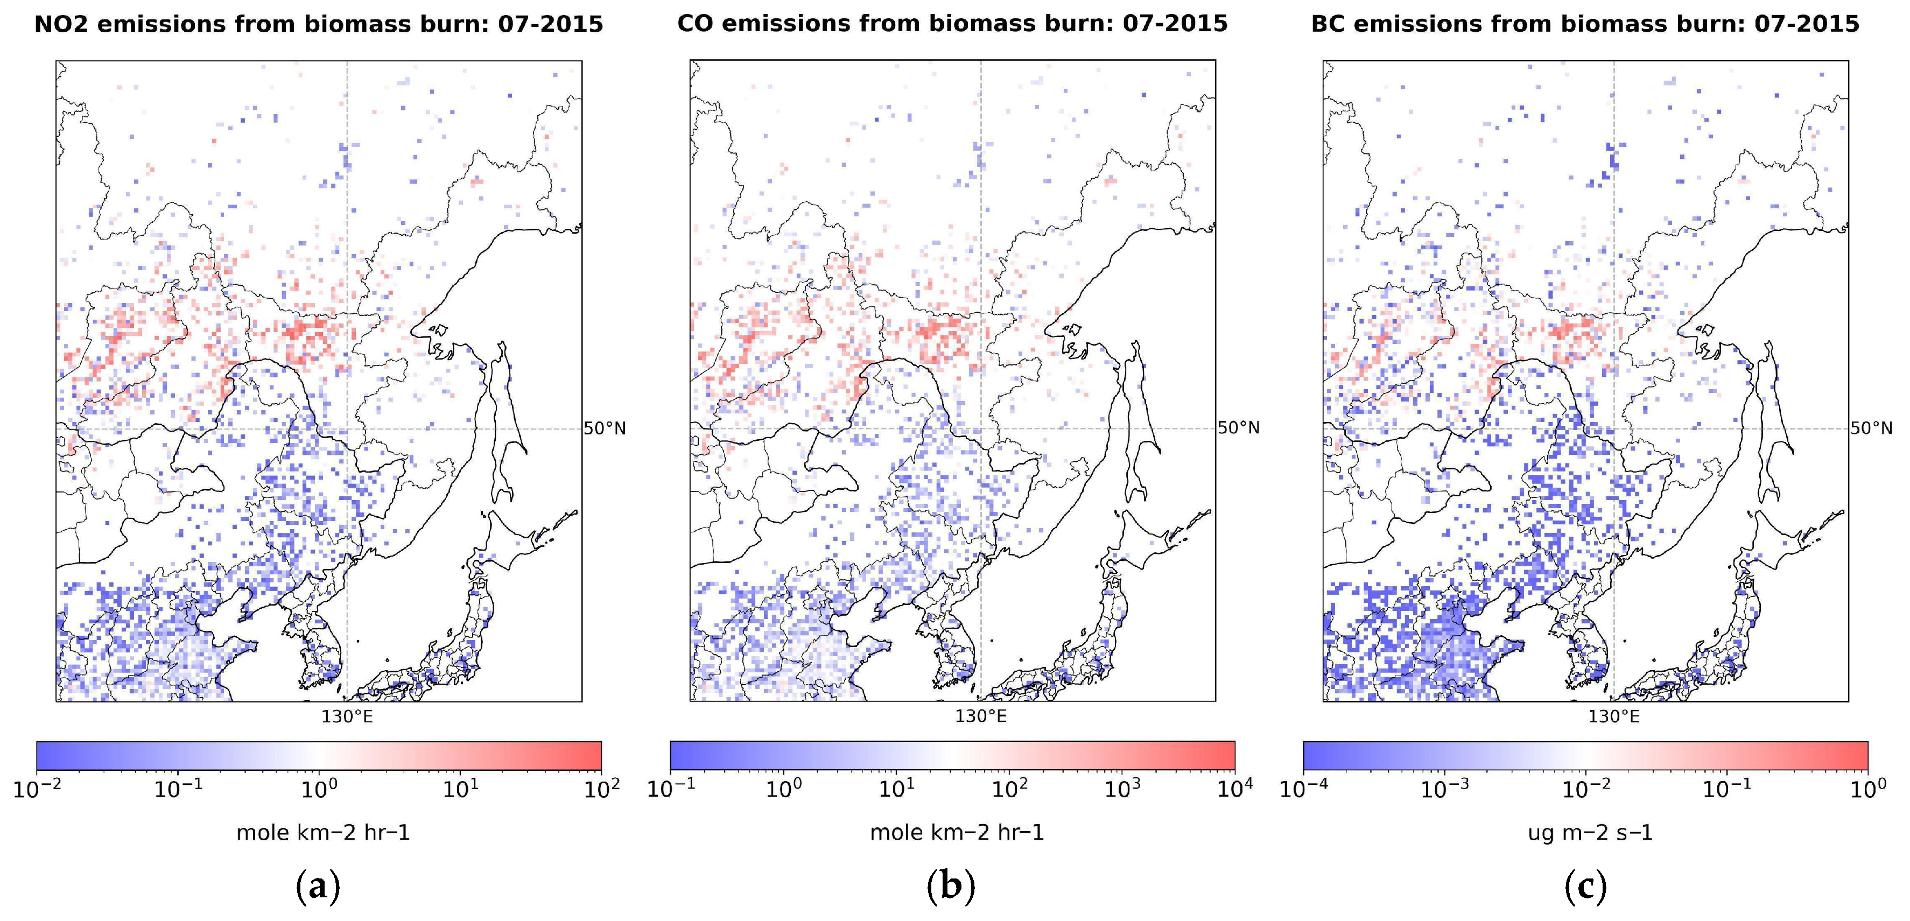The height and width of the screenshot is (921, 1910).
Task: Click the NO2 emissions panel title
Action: [x=319, y=24]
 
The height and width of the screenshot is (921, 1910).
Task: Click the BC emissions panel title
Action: [x=1585, y=24]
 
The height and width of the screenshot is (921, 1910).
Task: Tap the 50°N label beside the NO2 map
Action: [x=605, y=428]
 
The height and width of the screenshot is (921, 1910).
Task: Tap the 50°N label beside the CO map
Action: [x=1238, y=428]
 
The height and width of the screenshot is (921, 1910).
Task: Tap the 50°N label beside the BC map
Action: [x=1871, y=428]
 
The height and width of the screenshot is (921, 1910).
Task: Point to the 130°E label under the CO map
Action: [x=980, y=716]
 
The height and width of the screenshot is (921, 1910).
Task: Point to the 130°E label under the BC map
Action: [x=1613, y=716]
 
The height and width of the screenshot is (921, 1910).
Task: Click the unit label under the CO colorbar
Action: [x=957, y=833]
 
